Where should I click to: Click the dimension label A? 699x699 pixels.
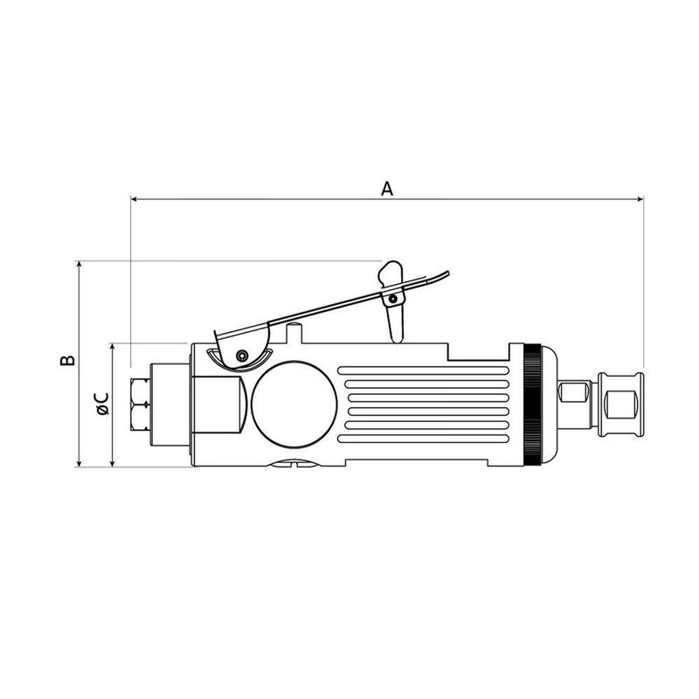tap(387, 189)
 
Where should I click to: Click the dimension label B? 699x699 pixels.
tap(68, 360)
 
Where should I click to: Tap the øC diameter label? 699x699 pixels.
tap(102, 404)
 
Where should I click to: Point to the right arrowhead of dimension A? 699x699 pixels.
tap(640, 199)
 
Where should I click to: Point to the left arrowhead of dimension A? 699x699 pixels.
tap(134, 199)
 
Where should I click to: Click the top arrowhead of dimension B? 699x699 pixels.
tap(80, 265)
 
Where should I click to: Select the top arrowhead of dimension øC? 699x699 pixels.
tap(113, 347)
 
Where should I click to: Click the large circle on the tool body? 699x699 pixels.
tap(294, 404)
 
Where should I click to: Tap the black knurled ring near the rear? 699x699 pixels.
tap(532, 405)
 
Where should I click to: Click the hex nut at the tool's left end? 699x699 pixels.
tap(141, 405)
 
